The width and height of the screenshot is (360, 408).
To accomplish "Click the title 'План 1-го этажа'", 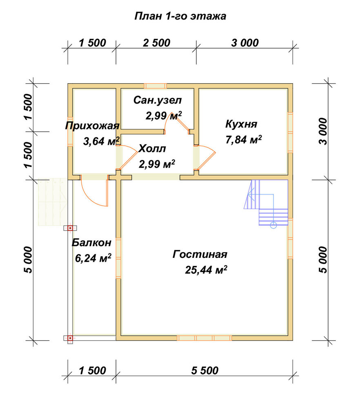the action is tap(180, 16).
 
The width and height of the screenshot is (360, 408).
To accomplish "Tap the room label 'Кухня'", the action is tap(241, 124).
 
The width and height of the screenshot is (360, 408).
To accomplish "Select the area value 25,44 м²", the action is tap(206, 270).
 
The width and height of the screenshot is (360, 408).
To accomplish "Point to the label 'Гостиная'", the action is tap(200, 254).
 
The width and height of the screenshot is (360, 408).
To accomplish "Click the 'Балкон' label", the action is tap(91, 242).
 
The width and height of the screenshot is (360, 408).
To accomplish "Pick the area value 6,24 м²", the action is tap(93, 258).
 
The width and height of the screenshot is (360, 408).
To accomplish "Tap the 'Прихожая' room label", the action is tap(92, 126).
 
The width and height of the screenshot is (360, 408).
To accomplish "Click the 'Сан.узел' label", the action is tap(157, 100).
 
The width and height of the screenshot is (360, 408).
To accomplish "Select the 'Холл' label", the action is tap(152, 149).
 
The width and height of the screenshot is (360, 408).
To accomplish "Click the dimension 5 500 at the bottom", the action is tap(204, 370).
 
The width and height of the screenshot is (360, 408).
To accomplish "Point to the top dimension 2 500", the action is tap(156, 43).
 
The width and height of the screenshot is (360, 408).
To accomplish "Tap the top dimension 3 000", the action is tap(244, 43).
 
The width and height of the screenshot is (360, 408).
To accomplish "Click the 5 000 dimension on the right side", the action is tap(322, 259).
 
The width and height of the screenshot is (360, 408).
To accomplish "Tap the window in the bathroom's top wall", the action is tap(156, 86).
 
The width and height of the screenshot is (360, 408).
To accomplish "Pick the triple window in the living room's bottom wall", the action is tap(204, 338).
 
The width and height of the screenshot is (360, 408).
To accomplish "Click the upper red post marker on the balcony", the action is tap(70, 228).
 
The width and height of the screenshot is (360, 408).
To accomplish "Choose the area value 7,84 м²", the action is tap(243, 140).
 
